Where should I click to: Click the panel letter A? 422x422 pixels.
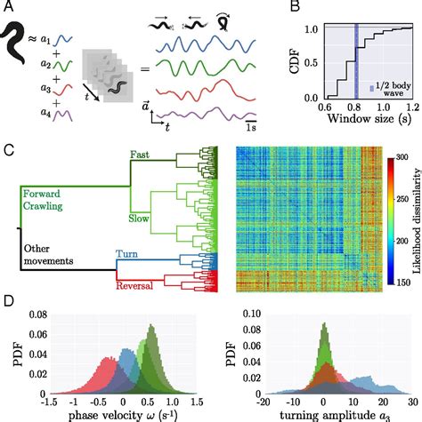[7, 8]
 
